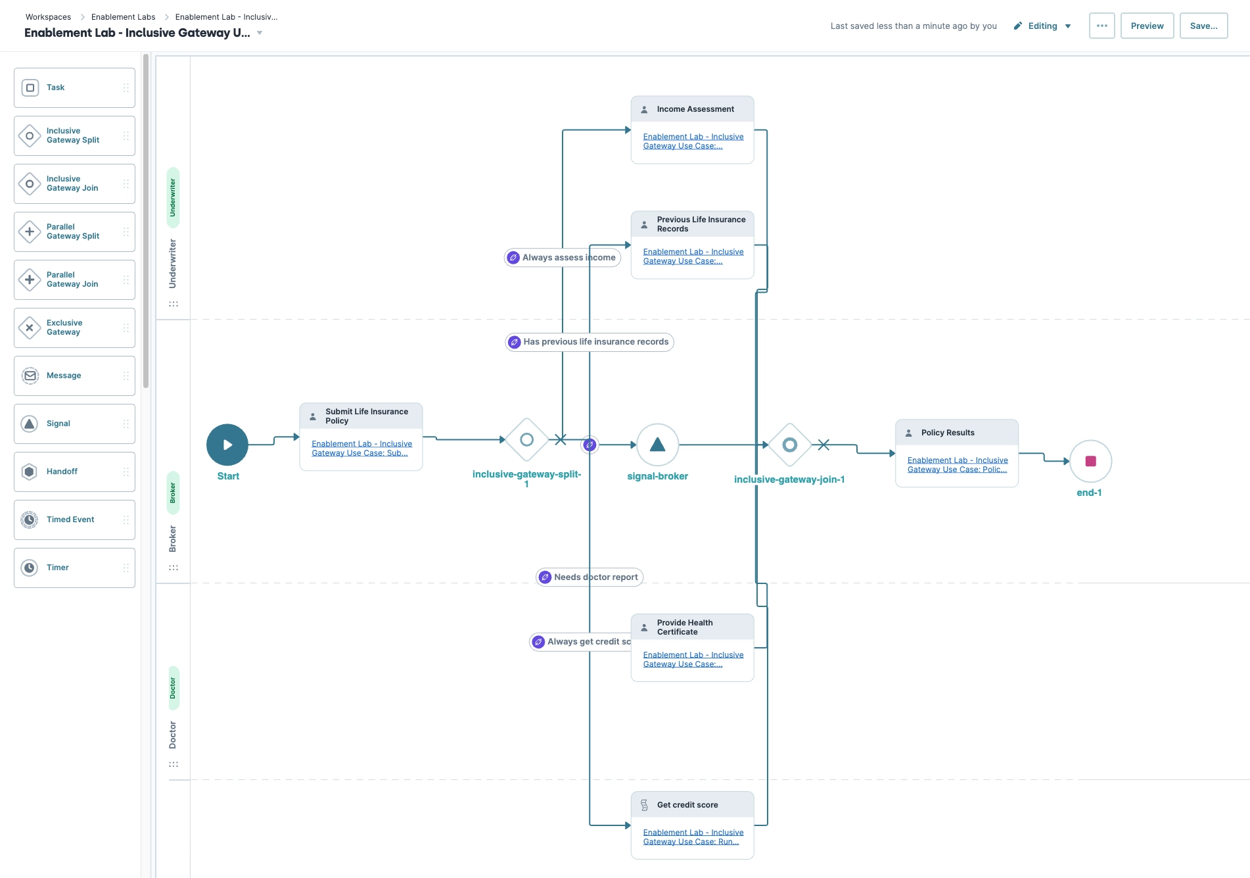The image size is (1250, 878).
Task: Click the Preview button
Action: point(1147,26)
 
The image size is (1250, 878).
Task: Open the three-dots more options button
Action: point(1101,26)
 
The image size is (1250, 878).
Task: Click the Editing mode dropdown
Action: point(1042,26)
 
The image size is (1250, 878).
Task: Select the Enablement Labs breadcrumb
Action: point(123,17)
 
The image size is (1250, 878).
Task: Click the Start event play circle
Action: point(227,445)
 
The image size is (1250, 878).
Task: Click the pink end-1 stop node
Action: point(1090,461)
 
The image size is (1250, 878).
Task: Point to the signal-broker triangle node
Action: point(657,445)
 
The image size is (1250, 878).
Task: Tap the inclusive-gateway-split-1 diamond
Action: point(526,439)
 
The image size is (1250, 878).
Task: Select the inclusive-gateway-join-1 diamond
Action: point(790,445)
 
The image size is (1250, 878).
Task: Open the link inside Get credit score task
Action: point(693,837)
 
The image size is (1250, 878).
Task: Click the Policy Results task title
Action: point(948,433)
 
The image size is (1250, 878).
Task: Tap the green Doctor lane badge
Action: point(174,688)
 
